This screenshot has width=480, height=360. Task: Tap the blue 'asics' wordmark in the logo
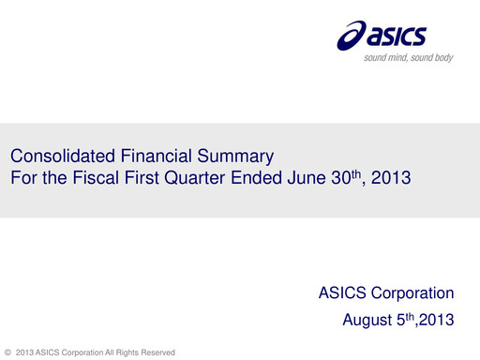click(x=397, y=37)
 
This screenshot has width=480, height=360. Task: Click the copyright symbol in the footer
click(x=8, y=352)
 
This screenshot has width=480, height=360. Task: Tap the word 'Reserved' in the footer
click(x=157, y=352)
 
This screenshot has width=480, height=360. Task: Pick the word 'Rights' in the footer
click(x=125, y=352)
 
